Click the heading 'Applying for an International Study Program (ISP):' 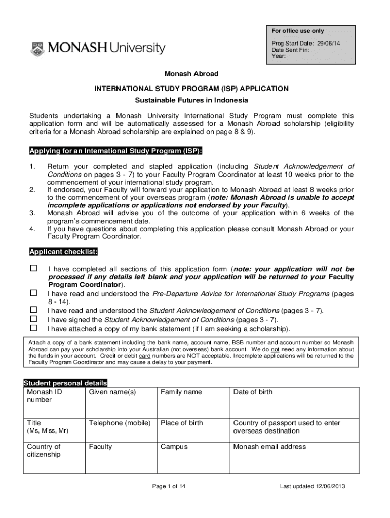click(x=116, y=151)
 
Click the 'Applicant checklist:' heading click(x=63, y=252)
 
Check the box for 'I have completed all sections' click(x=34, y=269)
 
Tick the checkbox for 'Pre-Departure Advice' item click(x=34, y=293)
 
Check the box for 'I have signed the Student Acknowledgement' click(x=34, y=319)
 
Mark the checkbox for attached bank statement click(x=34, y=328)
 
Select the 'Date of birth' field click(x=252, y=392)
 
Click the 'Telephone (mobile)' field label click(x=120, y=423)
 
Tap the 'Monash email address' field click(x=269, y=447)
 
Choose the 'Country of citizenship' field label click(x=44, y=450)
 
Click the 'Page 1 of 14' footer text click(x=169, y=486)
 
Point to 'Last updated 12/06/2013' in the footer click(x=312, y=486)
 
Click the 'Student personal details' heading click(x=65, y=383)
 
